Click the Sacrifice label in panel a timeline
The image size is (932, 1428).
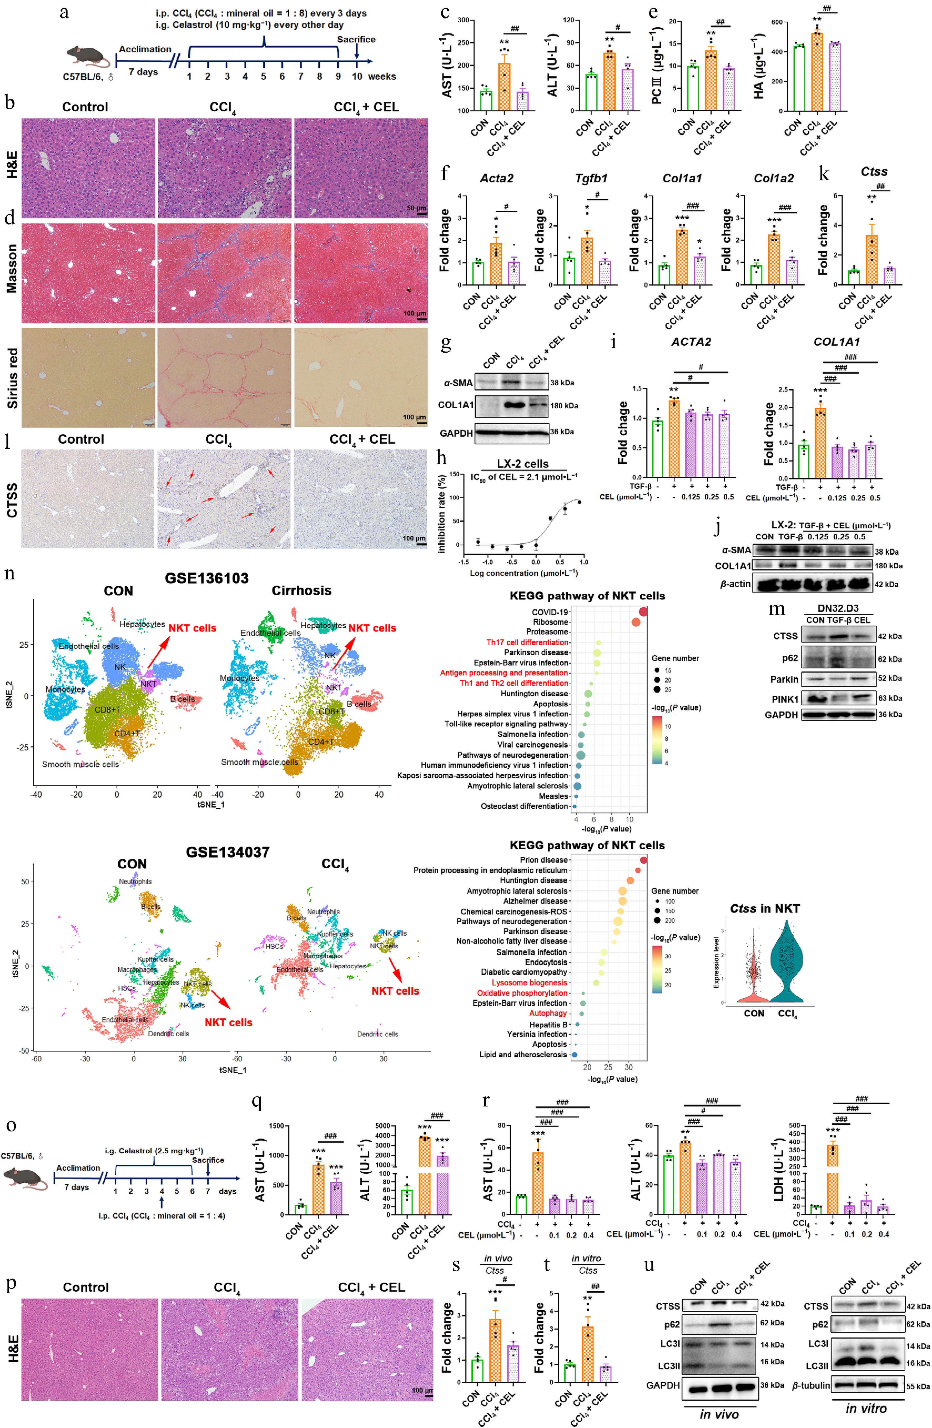tap(356, 39)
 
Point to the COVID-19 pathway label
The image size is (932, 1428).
tap(549, 612)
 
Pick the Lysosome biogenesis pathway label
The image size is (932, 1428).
tap(529, 982)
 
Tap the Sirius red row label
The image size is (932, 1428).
tap(12, 378)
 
